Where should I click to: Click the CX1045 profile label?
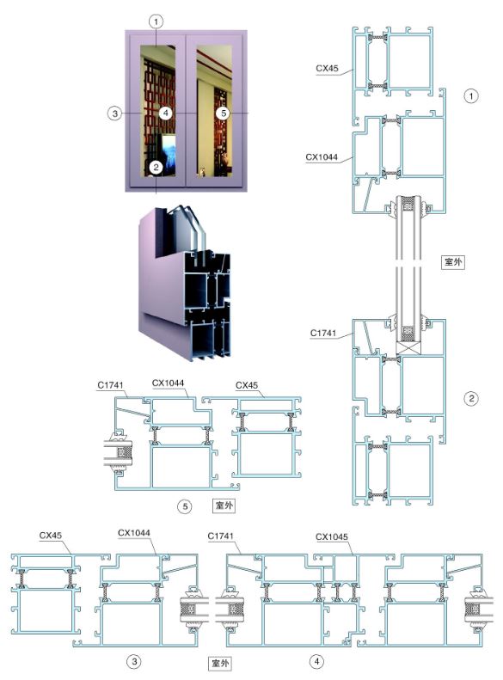coord(332,537)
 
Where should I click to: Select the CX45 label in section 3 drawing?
coord(51,536)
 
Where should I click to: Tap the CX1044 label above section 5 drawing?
coord(168,383)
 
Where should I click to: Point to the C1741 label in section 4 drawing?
coord(220,536)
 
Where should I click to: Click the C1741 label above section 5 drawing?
coord(110,384)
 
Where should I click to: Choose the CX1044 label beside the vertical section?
coord(322,157)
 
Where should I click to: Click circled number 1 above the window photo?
coord(156,21)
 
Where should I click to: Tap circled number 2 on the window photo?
coord(156,167)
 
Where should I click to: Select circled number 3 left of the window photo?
coord(114,113)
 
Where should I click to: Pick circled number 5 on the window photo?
coord(224,113)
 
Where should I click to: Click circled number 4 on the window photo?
coord(165,113)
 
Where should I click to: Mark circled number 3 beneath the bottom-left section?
coord(134,661)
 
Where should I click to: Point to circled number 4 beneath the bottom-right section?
coord(316,661)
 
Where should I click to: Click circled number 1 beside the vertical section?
coord(471,95)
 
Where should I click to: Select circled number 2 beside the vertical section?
coord(471,398)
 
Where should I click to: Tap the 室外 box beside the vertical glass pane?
coord(452,261)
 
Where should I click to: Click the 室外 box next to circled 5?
coord(224,505)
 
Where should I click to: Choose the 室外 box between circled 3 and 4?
coord(220,663)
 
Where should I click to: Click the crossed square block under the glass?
coord(408,348)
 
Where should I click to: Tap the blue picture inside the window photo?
coord(169,150)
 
